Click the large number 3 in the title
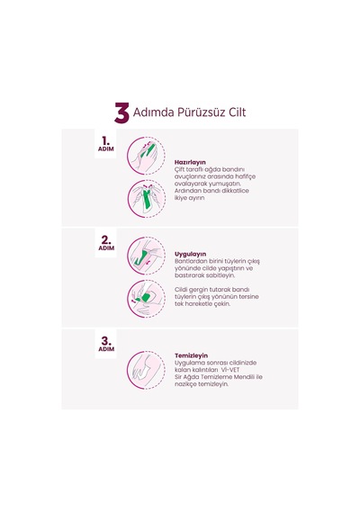pos(121,112)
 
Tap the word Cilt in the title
pos(236,112)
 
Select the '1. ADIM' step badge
pos(105,144)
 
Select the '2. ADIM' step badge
pos(106,243)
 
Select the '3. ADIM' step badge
pos(106,344)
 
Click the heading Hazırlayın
pos(190,162)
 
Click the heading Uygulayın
pos(191,254)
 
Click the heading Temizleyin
pos(191,355)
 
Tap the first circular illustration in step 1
pos(147,156)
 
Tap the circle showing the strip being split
pos(147,199)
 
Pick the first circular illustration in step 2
pos(147,256)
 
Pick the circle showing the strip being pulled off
pos(147,299)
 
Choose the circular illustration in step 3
pos(147,370)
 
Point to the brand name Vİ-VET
pos(230,370)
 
